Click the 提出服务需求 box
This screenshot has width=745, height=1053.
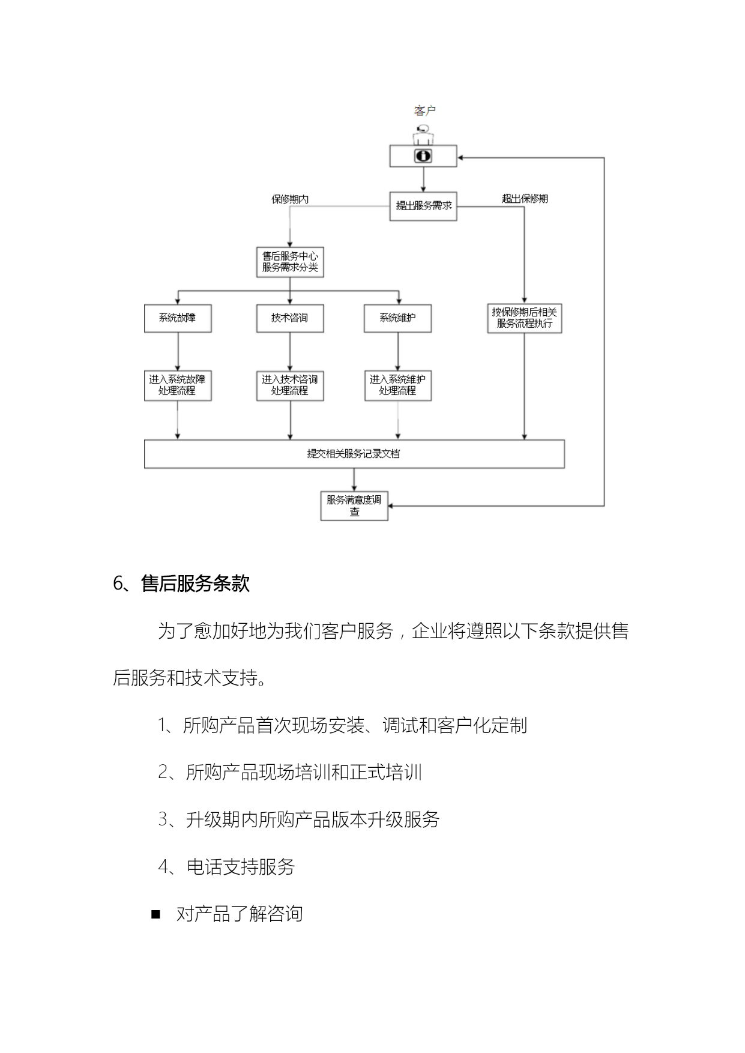pyautogui.click(x=423, y=206)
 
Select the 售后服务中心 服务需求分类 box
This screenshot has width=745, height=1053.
pyautogui.click(x=290, y=262)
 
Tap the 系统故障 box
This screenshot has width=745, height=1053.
pyautogui.click(x=178, y=318)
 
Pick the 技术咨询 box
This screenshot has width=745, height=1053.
pyautogui.click(x=290, y=318)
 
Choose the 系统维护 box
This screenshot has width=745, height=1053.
pyautogui.click(x=397, y=318)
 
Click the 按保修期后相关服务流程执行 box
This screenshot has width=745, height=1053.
pyautogui.click(x=525, y=318)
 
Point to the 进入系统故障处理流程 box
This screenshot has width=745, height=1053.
pyautogui.click(x=178, y=385)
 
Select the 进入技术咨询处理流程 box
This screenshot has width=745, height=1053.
pyautogui.click(x=290, y=385)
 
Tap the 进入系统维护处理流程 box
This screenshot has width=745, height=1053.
pyautogui.click(x=397, y=385)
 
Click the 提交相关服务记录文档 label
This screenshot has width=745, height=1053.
pyautogui.click(x=354, y=454)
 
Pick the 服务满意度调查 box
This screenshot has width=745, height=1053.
pyautogui.click(x=354, y=505)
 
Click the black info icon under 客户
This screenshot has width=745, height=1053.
pyautogui.click(x=423, y=156)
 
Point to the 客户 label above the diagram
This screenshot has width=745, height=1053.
pyautogui.click(x=424, y=110)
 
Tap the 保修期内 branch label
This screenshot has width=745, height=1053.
pyautogui.click(x=290, y=199)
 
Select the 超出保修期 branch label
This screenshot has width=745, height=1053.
pyautogui.click(x=525, y=199)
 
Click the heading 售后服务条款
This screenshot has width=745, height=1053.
pyautogui.click(x=195, y=584)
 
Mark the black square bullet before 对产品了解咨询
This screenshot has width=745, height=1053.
pyautogui.click(x=156, y=914)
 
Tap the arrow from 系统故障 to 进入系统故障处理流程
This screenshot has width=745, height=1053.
pyautogui.click(x=178, y=352)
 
